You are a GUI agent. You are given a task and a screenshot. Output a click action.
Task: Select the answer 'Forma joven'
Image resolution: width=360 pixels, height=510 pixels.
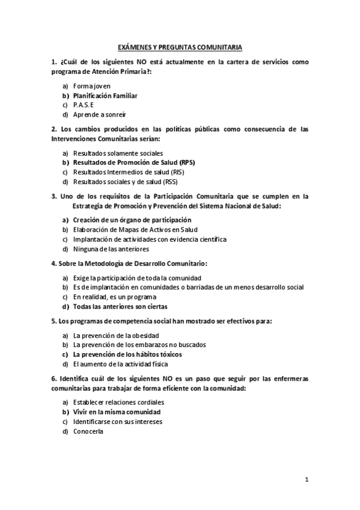(x=92, y=86)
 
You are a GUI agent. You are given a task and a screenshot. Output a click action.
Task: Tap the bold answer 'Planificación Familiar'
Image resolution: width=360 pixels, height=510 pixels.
(x=105, y=96)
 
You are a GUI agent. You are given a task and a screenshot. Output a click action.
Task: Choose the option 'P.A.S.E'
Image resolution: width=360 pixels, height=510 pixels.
(x=84, y=105)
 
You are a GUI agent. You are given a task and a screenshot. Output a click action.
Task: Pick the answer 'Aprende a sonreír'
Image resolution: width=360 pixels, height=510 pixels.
(x=100, y=115)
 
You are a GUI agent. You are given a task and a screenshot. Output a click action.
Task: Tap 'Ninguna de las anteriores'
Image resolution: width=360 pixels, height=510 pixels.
(x=111, y=248)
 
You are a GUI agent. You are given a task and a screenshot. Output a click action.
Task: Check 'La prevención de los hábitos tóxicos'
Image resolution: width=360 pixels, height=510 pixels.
(x=127, y=354)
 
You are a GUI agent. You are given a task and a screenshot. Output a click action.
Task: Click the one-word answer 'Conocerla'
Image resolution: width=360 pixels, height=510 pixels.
(x=88, y=431)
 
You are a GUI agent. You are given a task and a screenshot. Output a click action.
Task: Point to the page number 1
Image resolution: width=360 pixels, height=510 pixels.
(x=307, y=480)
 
